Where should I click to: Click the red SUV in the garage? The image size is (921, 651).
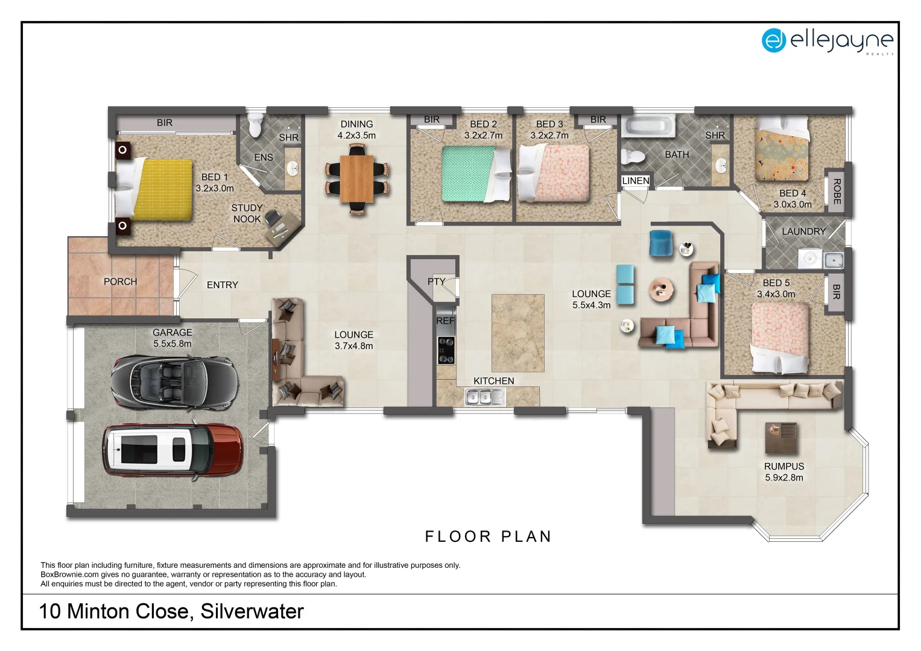tap(173, 450)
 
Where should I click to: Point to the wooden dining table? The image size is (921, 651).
tap(356, 178)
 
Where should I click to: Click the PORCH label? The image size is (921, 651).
tap(120, 281)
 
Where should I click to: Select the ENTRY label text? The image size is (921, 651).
tap(222, 285)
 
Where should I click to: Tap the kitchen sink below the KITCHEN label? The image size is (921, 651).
tap(484, 397)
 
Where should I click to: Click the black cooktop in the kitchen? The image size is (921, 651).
tap(446, 350)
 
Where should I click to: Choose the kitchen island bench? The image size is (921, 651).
tap(517, 333)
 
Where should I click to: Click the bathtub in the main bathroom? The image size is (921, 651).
tap(648, 126)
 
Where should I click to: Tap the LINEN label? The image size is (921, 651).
tap(635, 181)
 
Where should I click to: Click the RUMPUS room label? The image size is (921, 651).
tap(783, 466)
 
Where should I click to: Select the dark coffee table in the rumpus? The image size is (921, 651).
tap(781, 438)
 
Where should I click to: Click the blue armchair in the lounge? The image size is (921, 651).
tap(661, 243)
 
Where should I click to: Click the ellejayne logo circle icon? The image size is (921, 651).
tap(773, 40)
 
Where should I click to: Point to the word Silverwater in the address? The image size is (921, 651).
tap(252, 611)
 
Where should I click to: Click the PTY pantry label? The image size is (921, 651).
tap(436, 281)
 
